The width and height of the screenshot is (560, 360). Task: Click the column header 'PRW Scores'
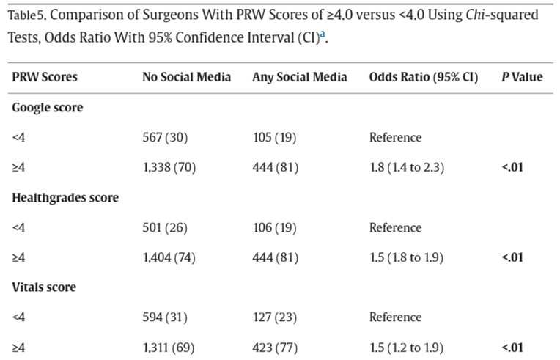tap(45, 77)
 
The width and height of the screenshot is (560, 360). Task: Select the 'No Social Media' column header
tap(186, 77)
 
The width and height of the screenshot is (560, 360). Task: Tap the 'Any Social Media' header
tap(300, 77)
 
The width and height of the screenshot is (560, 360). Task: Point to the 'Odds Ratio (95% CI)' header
tap(424, 77)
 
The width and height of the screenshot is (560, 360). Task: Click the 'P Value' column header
tap(522, 77)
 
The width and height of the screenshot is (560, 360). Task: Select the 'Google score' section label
tap(48, 108)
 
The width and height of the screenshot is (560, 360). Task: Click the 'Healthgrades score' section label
tap(65, 197)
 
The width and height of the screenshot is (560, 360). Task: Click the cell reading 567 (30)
tap(165, 138)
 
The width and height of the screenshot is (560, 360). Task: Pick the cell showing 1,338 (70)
tap(169, 168)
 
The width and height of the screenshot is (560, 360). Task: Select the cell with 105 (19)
tap(274, 138)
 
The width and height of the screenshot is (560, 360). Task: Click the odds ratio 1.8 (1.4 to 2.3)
tap(407, 168)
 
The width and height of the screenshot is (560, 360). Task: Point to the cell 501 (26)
tap(165, 228)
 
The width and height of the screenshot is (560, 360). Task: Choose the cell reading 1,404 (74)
tap(169, 258)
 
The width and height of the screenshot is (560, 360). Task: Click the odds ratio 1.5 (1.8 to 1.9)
tap(407, 258)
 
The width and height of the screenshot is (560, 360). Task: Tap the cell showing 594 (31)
tap(165, 317)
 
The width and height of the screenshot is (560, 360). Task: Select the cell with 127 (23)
tap(274, 317)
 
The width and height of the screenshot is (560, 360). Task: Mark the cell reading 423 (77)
tap(275, 348)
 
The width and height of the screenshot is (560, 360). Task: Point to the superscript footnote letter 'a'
tap(323, 33)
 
